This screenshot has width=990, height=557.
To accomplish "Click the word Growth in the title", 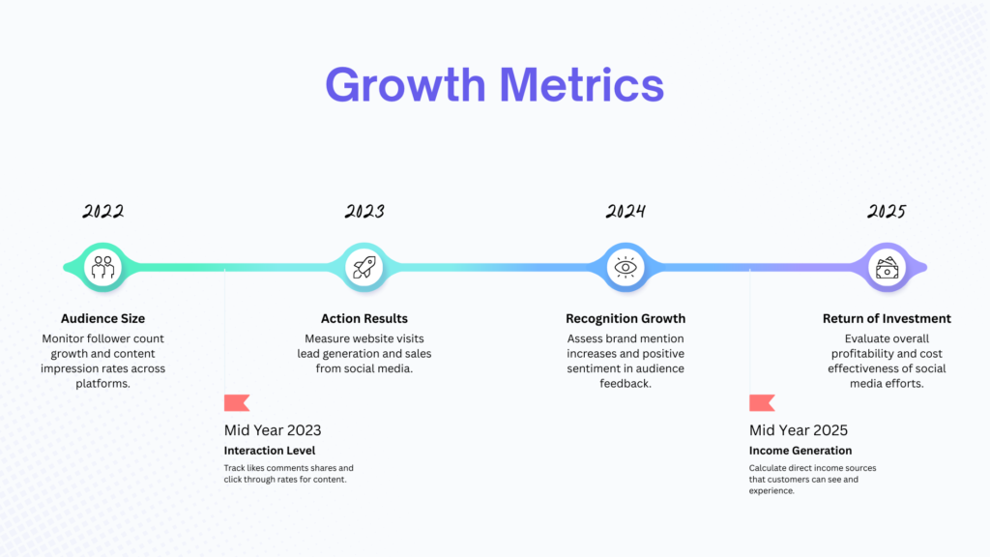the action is click(405, 86).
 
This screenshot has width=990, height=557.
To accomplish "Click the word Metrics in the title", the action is click(581, 85).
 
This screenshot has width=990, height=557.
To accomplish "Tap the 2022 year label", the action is click(102, 211).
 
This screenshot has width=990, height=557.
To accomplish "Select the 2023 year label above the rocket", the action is click(364, 211).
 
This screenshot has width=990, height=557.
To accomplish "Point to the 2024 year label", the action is click(626, 211).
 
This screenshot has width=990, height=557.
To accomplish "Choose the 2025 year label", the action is click(887, 211).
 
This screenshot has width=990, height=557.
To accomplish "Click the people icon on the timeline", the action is click(102, 267).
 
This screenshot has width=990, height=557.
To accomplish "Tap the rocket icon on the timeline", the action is click(364, 267).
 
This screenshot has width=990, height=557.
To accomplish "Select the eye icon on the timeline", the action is click(626, 267).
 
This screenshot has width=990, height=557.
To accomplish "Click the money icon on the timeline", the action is click(888, 267).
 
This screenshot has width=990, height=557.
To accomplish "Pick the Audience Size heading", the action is click(102, 319).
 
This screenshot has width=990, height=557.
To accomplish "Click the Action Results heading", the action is click(364, 319).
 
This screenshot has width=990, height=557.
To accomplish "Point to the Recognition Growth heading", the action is click(626, 319).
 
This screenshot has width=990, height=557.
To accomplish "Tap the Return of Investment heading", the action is click(887, 319).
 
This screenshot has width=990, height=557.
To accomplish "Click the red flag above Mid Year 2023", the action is click(237, 403).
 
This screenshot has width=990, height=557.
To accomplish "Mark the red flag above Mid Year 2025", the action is click(762, 403).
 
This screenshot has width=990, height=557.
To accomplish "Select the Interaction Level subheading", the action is click(270, 451).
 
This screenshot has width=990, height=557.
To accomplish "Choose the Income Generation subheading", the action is click(801, 451).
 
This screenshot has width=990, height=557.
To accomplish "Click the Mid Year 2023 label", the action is click(273, 430).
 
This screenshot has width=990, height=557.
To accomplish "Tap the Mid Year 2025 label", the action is click(799, 430).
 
